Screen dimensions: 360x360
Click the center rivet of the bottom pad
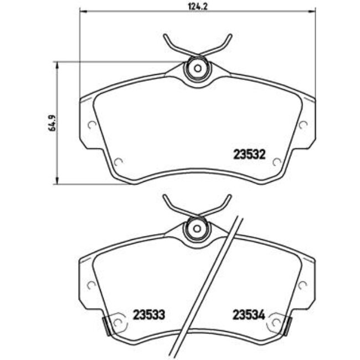point(197,228)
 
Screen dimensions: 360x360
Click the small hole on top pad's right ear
point(302,125)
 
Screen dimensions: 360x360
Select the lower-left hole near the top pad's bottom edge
point(119,162)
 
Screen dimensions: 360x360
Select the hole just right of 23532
point(276,162)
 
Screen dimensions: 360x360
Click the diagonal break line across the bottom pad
point(208,282)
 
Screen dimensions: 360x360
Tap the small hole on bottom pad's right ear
point(302,285)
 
